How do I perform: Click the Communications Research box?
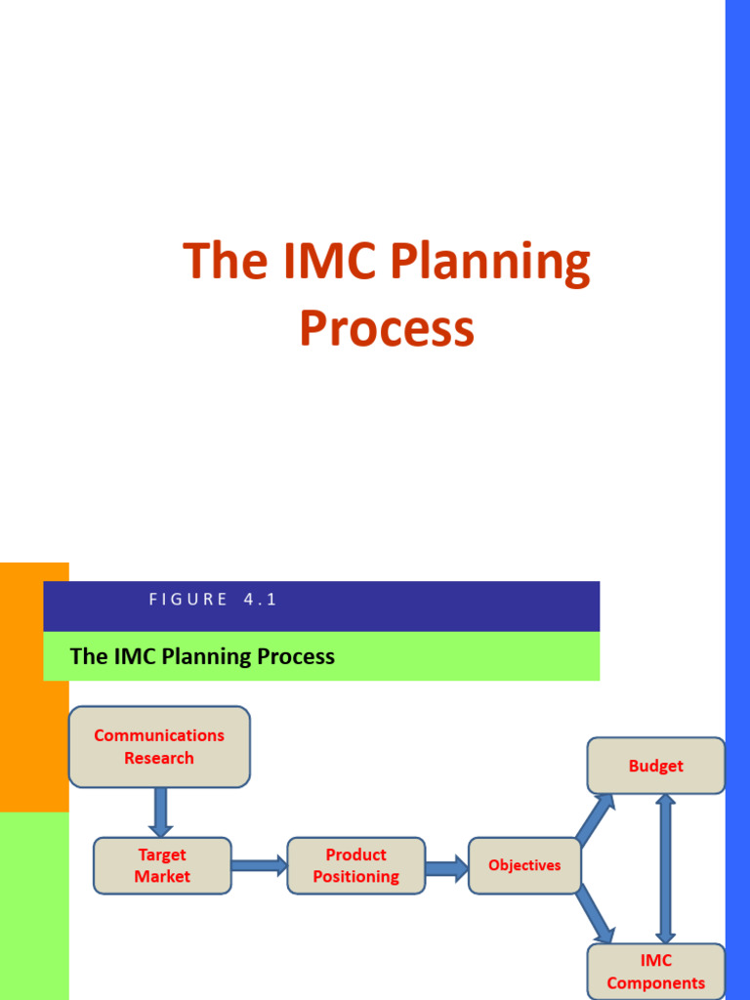coord(159,747)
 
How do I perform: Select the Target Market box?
coord(162,865)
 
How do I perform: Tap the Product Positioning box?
coord(355,865)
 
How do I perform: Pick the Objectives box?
coord(524,865)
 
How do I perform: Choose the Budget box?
coord(655,766)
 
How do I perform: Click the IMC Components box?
coord(655,972)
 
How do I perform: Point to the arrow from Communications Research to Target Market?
coord(161,812)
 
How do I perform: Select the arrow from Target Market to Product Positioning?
coord(259,864)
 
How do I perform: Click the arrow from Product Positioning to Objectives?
coord(446,867)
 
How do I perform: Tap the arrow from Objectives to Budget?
coord(596,818)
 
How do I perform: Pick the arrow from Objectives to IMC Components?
coord(596,914)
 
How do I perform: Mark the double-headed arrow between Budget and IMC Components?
coord(666,868)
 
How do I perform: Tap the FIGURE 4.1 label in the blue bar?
coord(213,600)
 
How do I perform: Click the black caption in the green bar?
coord(202,656)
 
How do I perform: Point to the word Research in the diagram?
coord(159,758)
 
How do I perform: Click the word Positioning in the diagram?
coord(355,876)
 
